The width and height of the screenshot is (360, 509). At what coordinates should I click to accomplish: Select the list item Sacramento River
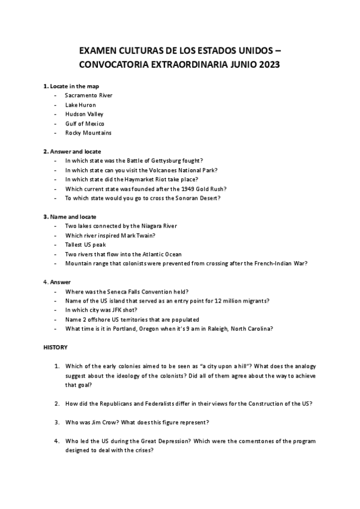(x=88, y=95)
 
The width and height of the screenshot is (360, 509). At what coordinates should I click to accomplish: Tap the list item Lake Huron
(x=80, y=105)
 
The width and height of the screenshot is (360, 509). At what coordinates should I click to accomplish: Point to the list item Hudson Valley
(x=84, y=114)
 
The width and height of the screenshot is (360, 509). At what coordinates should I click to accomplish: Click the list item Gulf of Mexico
(x=85, y=124)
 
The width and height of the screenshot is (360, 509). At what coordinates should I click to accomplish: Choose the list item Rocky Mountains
(x=88, y=133)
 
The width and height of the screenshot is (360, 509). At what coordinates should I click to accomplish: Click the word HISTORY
(x=56, y=347)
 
